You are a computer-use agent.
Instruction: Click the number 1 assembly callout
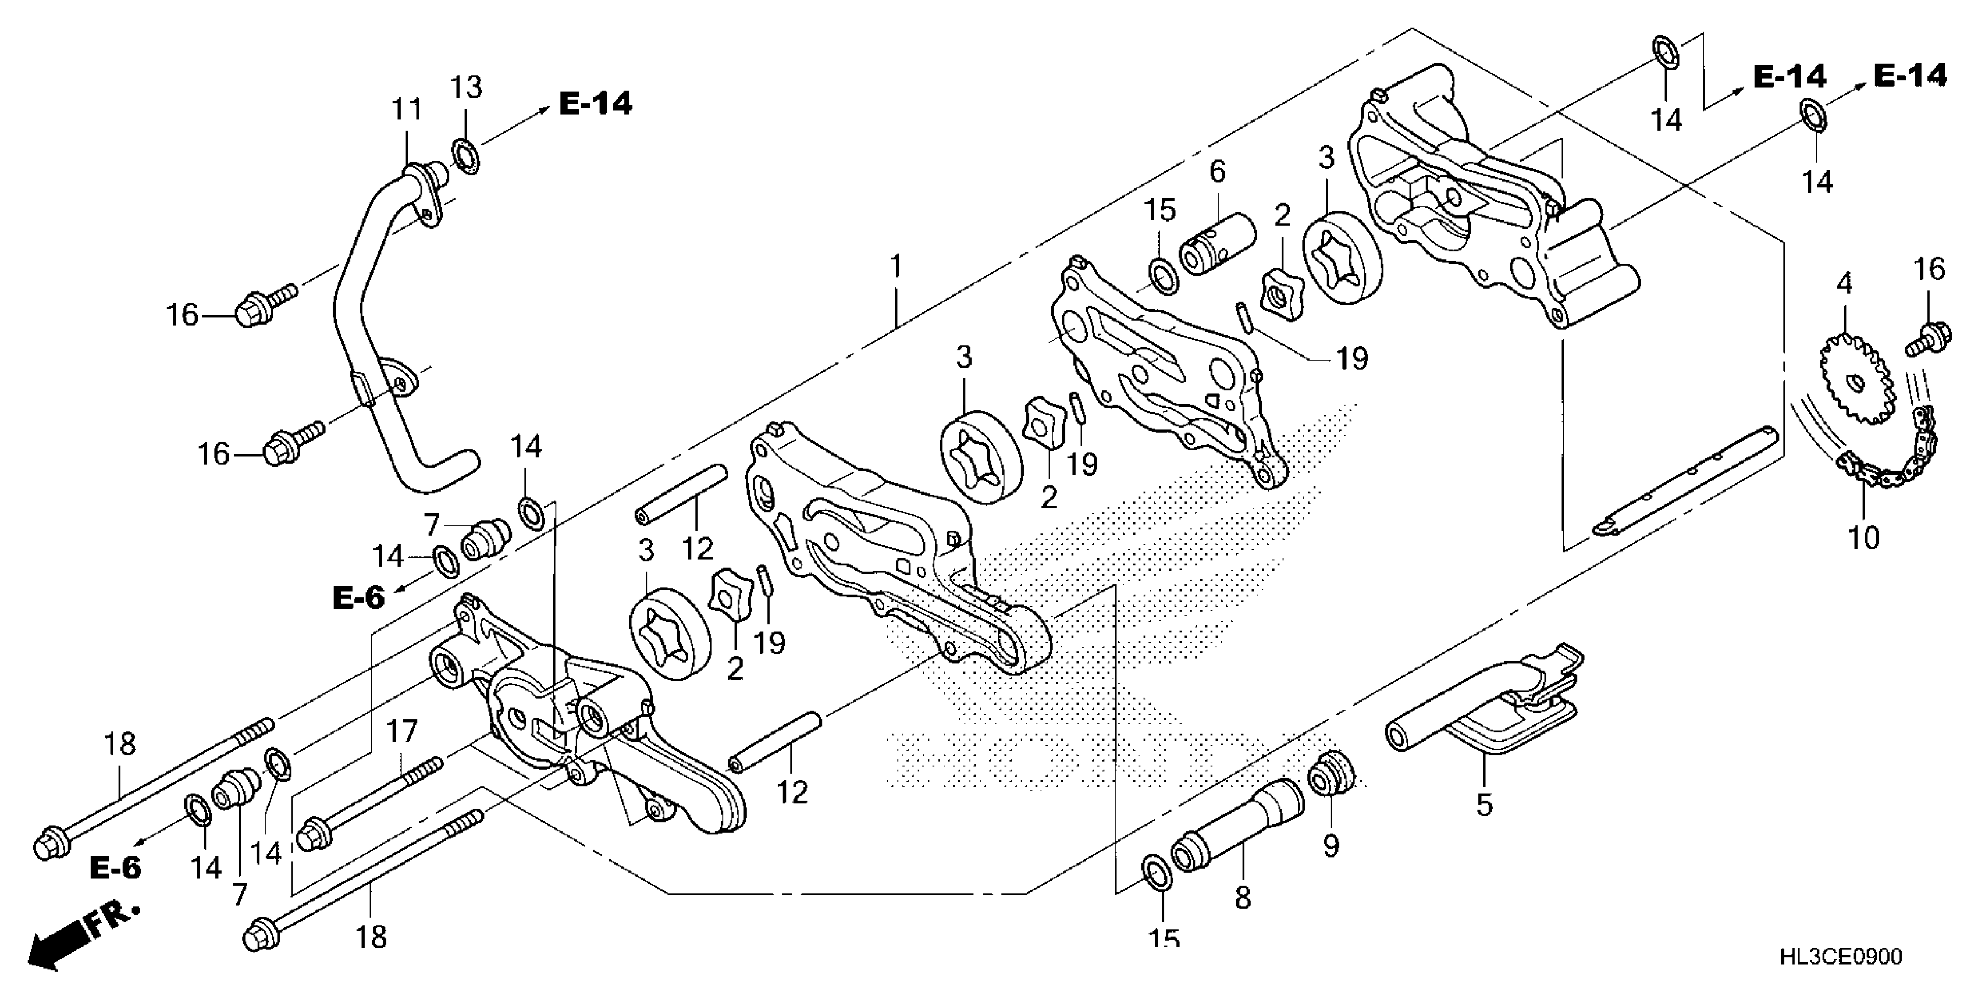pyautogui.click(x=895, y=266)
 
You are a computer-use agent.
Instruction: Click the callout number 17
pyautogui.click(x=401, y=732)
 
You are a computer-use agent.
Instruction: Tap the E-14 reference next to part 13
pyautogui.click(x=596, y=104)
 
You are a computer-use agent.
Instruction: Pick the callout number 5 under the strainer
pyautogui.click(x=1483, y=804)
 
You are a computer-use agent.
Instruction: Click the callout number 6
pyautogui.click(x=1218, y=171)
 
